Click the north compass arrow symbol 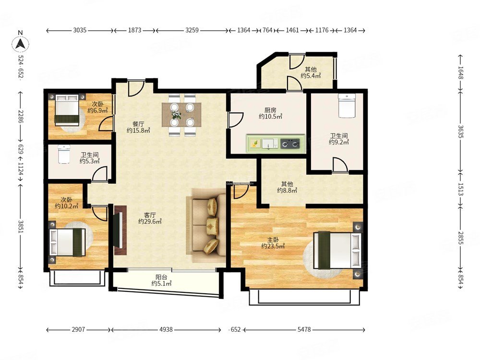click(x=21, y=44)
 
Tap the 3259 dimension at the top click(x=192, y=30)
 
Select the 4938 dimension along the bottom click(x=166, y=329)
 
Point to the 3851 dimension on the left click(x=21, y=227)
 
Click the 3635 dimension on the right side click(x=461, y=131)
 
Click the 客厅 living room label click(x=150, y=215)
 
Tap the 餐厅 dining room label click(x=138, y=124)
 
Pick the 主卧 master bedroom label click(x=273, y=240)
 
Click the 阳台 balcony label click(x=161, y=277)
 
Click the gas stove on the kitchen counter click(x=290, y=143)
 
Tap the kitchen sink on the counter click(x=270, y=143)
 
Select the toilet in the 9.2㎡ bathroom click(x=347, y=106)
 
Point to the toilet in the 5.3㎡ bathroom click(x=64, y=154)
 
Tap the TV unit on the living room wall click(x=120, y=230)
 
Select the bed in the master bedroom click(x=337, y=250)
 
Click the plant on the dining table click(x=176, y=115)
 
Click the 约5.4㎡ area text click(x=311, y=76)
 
